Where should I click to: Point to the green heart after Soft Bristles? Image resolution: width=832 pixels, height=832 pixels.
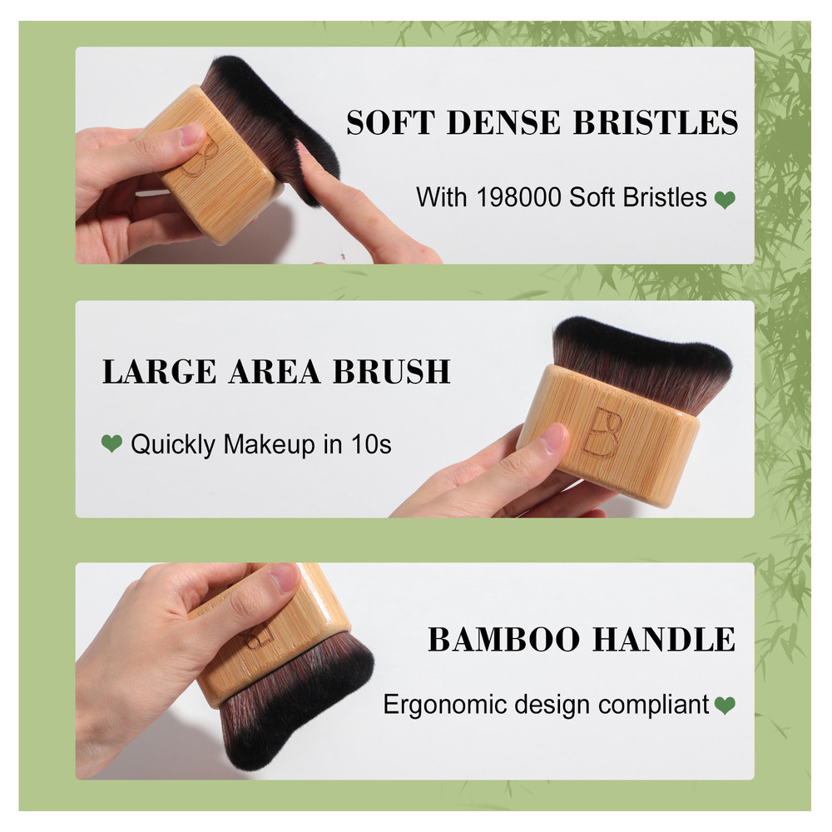[x=726, y=200]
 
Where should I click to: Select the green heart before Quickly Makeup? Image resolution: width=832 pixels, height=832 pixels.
[x=111, y=444]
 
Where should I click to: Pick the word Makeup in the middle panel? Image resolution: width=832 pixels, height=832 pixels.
[x=268, y=444]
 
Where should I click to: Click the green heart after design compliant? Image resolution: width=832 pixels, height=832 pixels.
[x=725, y=706]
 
